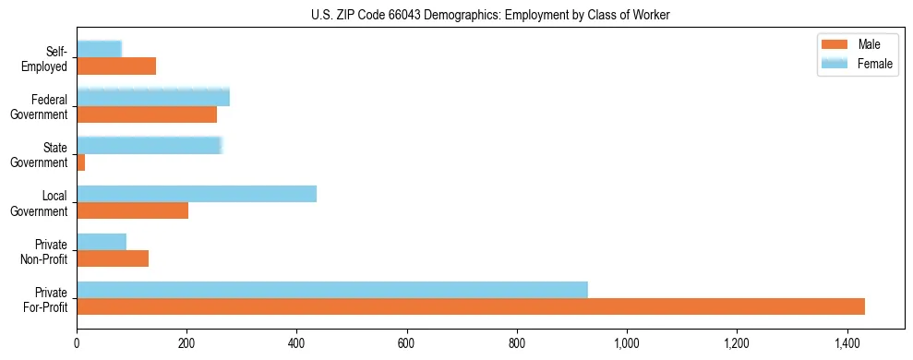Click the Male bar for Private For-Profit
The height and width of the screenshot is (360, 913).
(471, 306)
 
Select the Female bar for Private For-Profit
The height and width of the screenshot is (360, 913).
(332, 290)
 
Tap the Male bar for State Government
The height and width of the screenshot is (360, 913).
(81, 162)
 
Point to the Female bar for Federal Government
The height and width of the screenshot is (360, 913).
(153, 98)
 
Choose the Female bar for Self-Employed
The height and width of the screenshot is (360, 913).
(99, 49)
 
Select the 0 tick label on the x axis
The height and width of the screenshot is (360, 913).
(78, 344)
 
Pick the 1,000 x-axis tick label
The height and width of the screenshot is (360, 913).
(627, 344)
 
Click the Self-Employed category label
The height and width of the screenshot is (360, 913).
(50, 58)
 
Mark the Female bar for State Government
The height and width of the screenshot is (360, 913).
(150, 146)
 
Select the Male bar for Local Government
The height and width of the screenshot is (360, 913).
(133, 210)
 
